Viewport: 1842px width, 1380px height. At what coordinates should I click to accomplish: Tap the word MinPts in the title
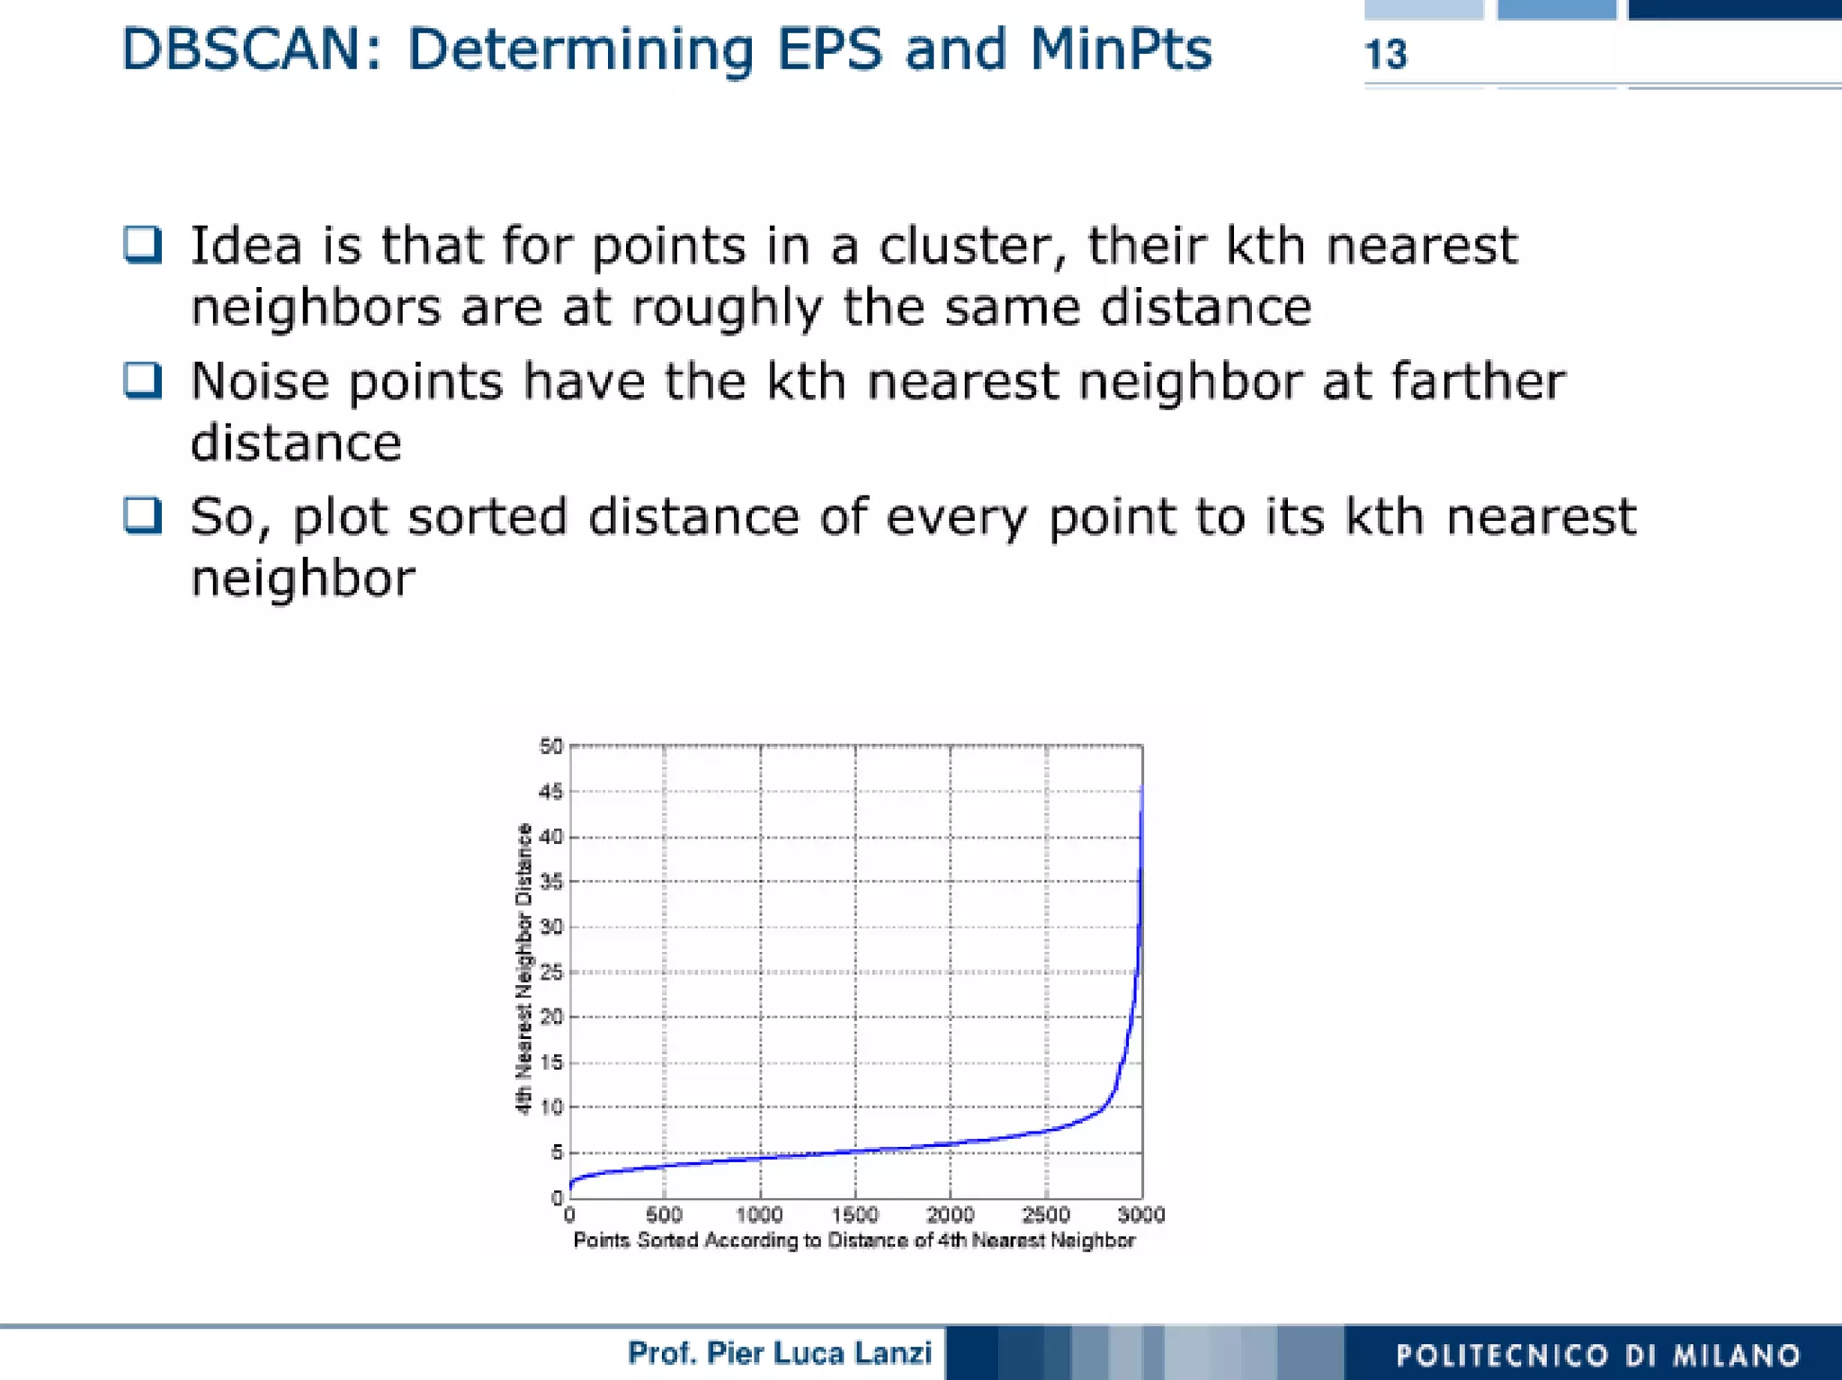click(x=1121, y=49)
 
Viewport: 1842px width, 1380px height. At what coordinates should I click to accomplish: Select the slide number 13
click(x=1385, y=55)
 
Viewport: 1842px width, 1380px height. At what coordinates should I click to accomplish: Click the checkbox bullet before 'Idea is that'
click(x=143, y=245)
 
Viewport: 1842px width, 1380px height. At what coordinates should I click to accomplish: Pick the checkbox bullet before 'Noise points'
click(x=143, y=380)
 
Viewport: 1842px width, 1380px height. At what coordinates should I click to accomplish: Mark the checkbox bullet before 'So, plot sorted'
click(x=143, y=515)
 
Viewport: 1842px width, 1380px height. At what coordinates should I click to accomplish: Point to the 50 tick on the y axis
click(x=550, y=747)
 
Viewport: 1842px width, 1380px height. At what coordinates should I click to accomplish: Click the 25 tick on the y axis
click(x=550, y=972)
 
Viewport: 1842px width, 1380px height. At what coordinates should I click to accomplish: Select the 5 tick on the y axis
click(x=556, y=1152)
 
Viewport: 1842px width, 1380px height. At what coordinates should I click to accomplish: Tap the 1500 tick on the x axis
click(x=854, y=1215)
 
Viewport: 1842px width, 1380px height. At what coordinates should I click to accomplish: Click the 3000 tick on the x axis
click(x=1140, y=1215)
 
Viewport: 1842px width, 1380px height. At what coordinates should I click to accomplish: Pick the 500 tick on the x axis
click(x=664, y=1215)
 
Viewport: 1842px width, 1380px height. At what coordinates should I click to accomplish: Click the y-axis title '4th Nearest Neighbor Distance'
click(x=523, y=969)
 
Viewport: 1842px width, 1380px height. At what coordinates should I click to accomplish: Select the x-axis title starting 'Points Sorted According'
click(x=854, y=1241)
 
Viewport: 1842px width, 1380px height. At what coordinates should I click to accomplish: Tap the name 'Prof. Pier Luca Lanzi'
click(x=779, y=1353)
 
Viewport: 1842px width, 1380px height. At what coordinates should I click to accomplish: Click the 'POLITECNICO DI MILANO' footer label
click(x=1597, y=1355)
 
